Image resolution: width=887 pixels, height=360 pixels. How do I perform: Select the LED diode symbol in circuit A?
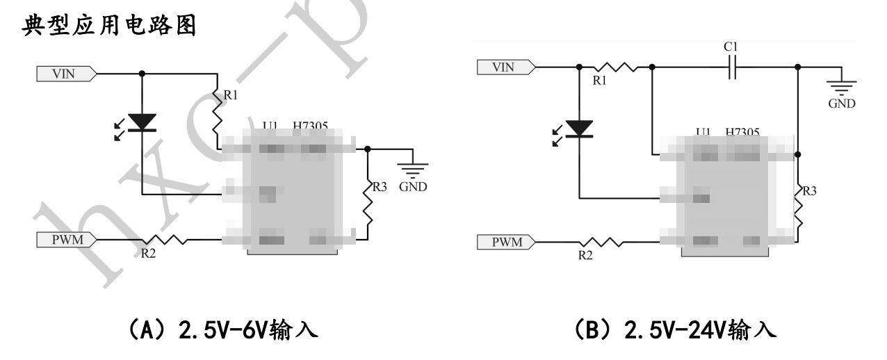click(x=143, y=122)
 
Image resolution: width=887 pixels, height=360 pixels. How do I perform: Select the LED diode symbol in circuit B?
click(x=579, y=129)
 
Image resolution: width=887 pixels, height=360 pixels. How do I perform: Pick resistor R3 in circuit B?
click(x=797, y=205)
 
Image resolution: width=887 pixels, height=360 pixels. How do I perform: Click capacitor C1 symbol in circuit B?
click(x=730, y=67)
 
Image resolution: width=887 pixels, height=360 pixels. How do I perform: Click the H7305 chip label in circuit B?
click(x=742, y=131)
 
